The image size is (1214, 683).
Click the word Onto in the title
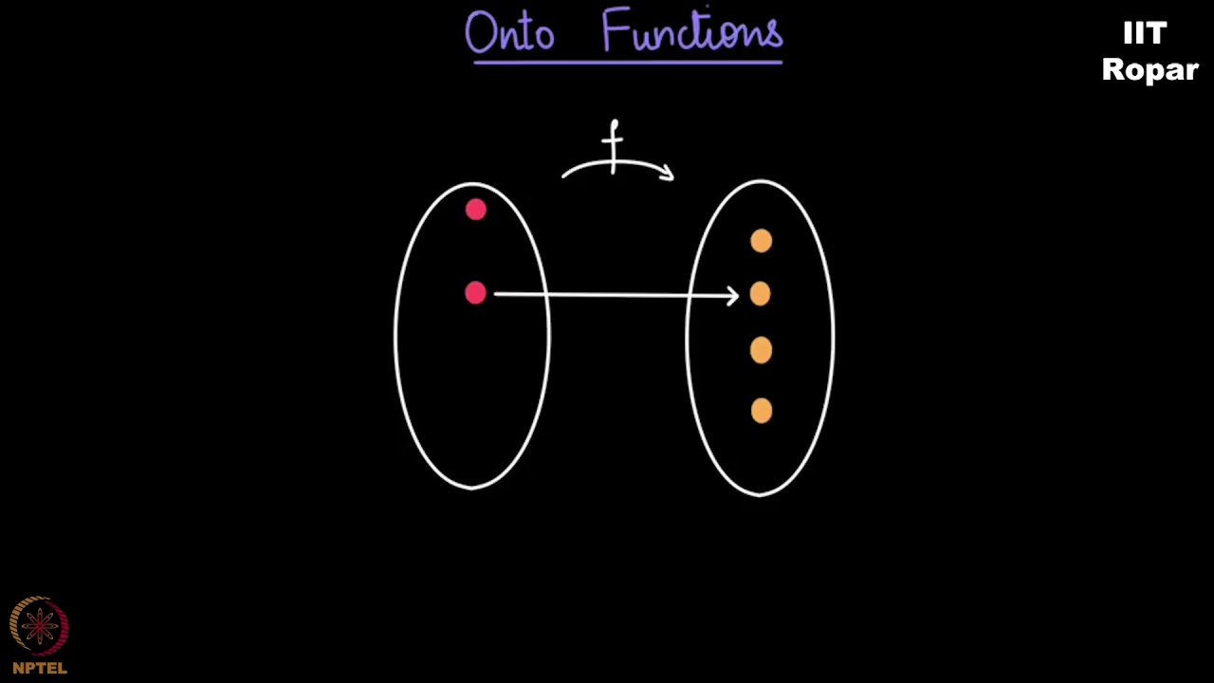[509, 34]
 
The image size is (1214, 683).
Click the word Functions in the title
[692, 32]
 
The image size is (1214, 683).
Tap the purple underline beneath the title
[627, 63]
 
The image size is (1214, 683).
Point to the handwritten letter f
[614, 144]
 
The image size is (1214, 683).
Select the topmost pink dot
[475, 210]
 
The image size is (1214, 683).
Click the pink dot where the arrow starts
[475, 294]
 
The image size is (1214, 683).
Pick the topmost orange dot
[761, 242]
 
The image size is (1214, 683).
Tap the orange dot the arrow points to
[761, 295]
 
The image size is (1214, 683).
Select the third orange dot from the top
[761, 351]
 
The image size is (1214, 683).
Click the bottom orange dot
[761, 411]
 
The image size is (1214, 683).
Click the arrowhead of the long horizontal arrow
[733, 296]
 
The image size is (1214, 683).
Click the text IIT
[1144, 34]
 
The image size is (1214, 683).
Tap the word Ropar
[1150, 70]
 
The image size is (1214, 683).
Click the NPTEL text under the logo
[40, 668]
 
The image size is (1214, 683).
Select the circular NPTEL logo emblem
[39, 626]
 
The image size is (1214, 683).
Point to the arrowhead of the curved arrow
[668, 173]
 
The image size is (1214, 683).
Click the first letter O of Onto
[480, 34]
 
